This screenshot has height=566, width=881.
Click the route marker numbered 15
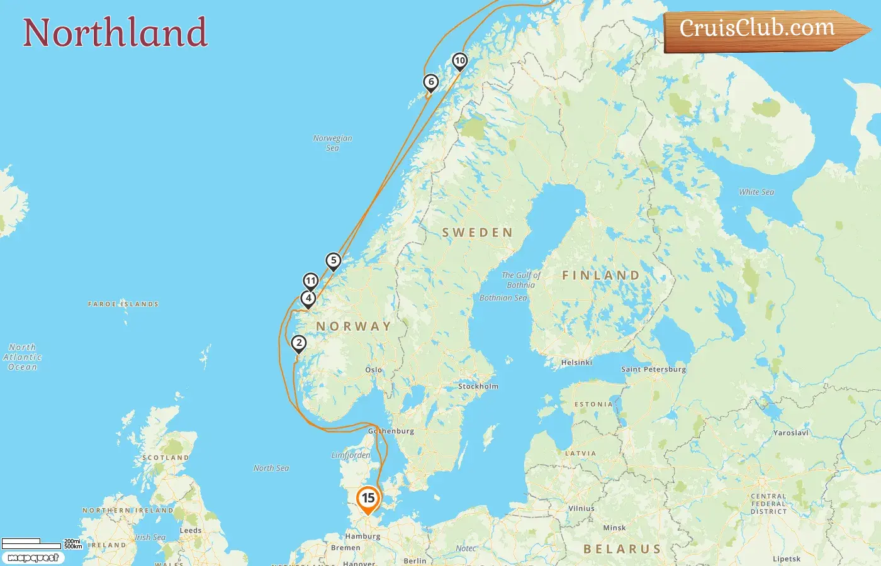pos(368,499)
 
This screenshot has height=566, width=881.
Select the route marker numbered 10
pos(460,61)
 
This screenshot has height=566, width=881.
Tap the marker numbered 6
pos(431,82)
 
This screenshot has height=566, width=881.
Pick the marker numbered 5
pos(334,260)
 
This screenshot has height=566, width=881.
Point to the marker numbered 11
pos(311,280)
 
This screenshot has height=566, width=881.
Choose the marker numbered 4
pos(308,298)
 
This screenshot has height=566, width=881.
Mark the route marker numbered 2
pos(299,343)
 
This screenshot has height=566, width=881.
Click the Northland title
pos(115,33)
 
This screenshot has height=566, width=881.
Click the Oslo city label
pos(374,370)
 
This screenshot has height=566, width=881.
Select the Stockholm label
pos(478,386)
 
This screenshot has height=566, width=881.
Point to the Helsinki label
pos(576,362)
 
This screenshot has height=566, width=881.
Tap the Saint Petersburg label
pos(653,369)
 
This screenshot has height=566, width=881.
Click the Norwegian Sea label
pos(333,143)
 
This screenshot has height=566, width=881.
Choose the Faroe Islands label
pos(123,304)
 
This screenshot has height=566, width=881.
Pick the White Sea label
pos(756,192)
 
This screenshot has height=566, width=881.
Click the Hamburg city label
pos(362,536)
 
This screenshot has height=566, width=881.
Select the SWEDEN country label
pos(478,233)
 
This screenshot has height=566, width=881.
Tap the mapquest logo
pos(33,558)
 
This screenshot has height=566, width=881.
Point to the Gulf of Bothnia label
pos(521,280)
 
